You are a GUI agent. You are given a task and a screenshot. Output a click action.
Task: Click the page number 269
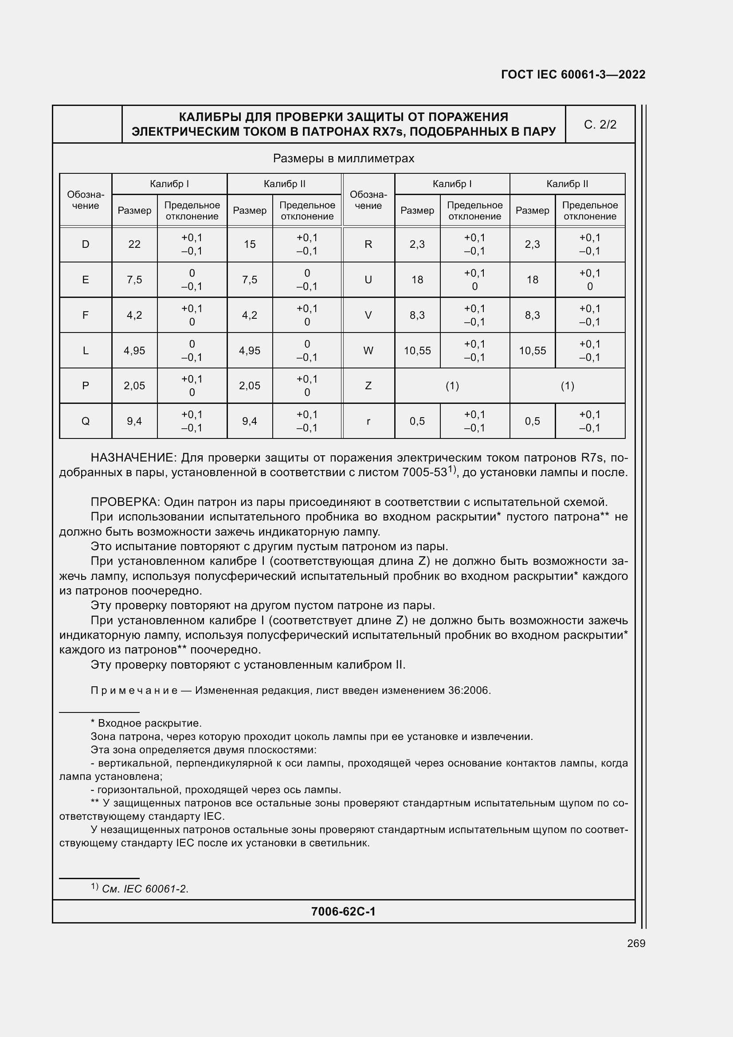636,943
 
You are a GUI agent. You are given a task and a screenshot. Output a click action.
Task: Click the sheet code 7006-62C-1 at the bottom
343,912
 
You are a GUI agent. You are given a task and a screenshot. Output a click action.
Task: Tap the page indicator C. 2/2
600,125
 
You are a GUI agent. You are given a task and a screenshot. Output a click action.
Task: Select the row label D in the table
85,244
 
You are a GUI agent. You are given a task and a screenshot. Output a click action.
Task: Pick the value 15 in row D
249,244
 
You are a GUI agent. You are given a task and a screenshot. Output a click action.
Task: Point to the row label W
368,351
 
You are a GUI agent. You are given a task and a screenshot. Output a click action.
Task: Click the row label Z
368,386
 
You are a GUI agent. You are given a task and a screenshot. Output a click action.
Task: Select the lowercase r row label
368,421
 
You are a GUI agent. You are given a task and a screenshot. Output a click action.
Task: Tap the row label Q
85,421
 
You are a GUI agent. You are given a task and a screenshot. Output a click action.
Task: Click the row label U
368,280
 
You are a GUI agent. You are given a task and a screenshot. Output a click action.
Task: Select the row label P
85,386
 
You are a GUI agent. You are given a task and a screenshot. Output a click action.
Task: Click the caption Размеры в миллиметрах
343,159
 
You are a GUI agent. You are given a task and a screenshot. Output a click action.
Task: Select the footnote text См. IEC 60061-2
145,889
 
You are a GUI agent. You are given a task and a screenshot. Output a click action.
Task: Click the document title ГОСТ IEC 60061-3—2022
572,74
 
